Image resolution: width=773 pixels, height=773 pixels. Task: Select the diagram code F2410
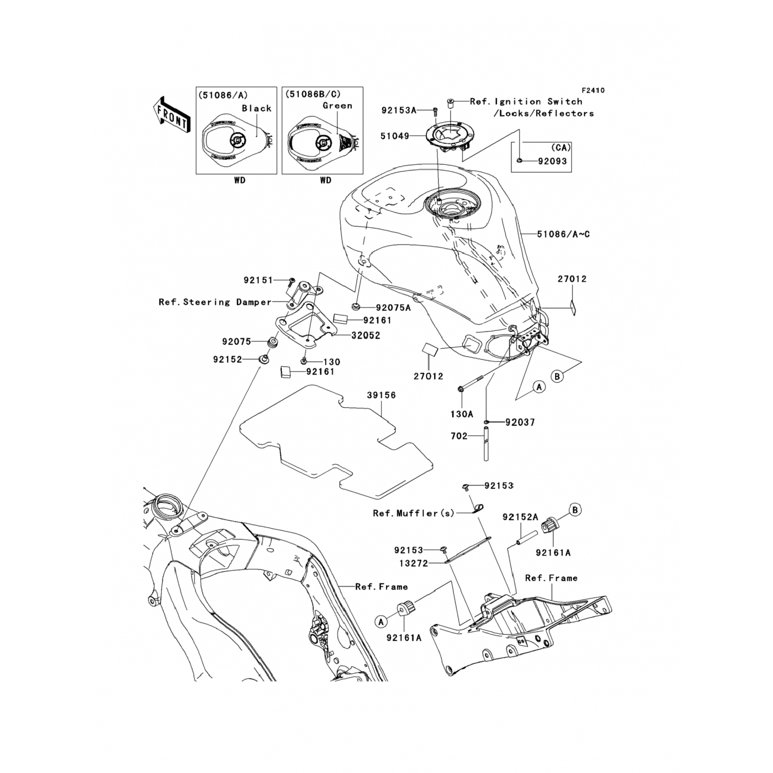pyautogui.click(x=594, y=91)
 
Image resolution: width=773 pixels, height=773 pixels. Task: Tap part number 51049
pyautogui.click(x=395, y=136)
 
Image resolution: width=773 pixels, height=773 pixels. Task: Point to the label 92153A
pyautogui.click(x=398, y=110)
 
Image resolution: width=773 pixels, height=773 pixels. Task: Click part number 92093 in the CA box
pyautogui.click(x=552, y=161)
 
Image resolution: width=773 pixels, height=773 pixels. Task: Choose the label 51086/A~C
pyautogui.click(x=563, y=234)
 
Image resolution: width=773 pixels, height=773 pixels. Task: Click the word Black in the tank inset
pyautogui.click(x=257, y=109)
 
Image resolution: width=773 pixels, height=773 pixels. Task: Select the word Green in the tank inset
pyautogui.click(x=338, y=106)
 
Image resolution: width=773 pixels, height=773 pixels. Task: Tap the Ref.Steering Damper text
pyautogui.click(x=215, y=302)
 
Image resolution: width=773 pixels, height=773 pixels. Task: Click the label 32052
pyautogui.click(x=365, y=335)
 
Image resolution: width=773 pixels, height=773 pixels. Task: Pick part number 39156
pyautogui.click(x=381, y=395)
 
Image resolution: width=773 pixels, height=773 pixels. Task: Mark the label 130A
pyautogui.click(x=462, y=413)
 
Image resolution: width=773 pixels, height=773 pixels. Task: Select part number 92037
pyautogui.click(x=520, y=423)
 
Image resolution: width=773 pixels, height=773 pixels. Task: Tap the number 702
pyautogui.click(x=459, y=436)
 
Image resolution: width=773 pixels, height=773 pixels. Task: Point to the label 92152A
pyautogui.click(x=520, y=517)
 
